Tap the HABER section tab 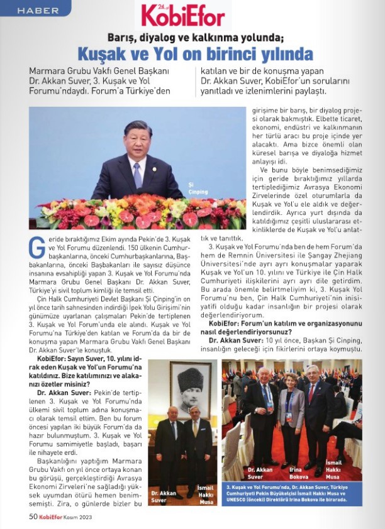tap(38, 11)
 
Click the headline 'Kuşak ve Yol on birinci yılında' tap(195, 52)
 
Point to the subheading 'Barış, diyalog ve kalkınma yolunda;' tap(195, 36)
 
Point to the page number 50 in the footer tap(33, 517)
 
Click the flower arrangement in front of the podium tap(138, 214)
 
